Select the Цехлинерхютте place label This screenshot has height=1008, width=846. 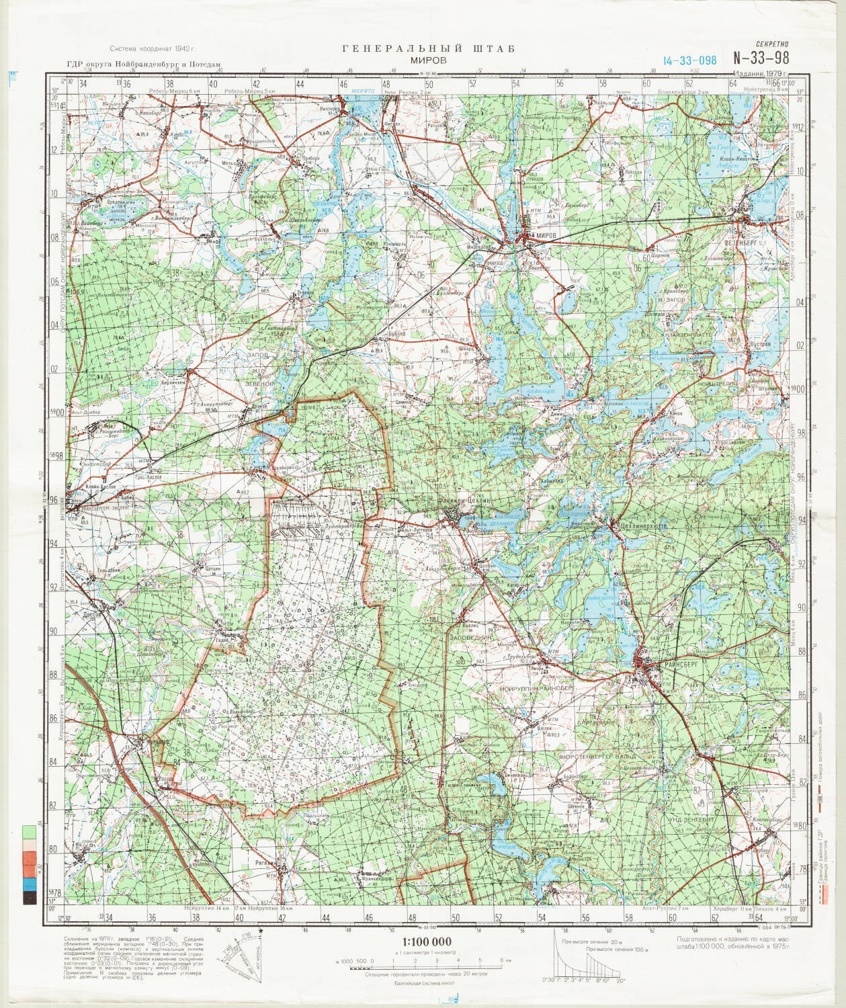643,527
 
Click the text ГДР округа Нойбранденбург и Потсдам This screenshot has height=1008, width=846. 143,65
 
